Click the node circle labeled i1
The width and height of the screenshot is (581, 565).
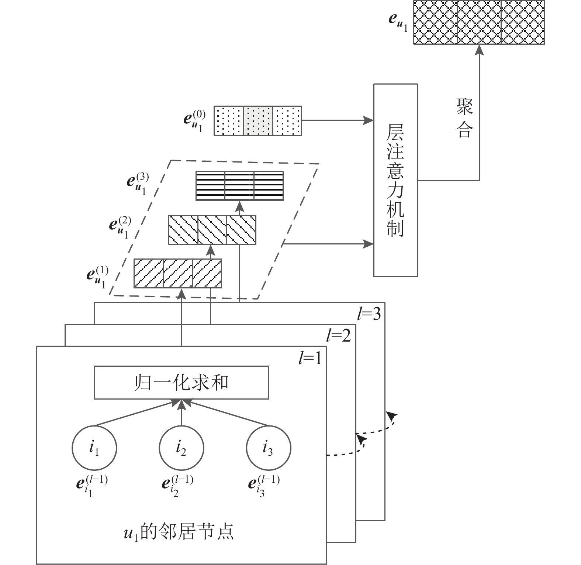[x=94, y=448]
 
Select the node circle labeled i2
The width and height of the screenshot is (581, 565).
[x=181, y=448]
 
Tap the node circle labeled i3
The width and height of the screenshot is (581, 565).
[x=268, y=448]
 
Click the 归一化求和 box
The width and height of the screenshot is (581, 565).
[x=181, y=383]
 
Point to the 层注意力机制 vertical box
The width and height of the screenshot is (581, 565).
[x=395, y=180]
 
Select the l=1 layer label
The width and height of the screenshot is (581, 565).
[x=310, y=357]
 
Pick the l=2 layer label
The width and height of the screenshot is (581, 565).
[x=339, y=336]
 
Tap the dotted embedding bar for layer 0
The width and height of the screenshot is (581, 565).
[x=258, y=121]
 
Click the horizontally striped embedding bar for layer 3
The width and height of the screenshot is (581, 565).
[x=239, y=186]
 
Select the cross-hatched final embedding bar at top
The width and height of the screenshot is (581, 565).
[x=479, y=23]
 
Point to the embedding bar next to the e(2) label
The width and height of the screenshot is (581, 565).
[x=212, y=230]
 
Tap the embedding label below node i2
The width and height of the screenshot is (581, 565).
[x=177, y=485]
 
